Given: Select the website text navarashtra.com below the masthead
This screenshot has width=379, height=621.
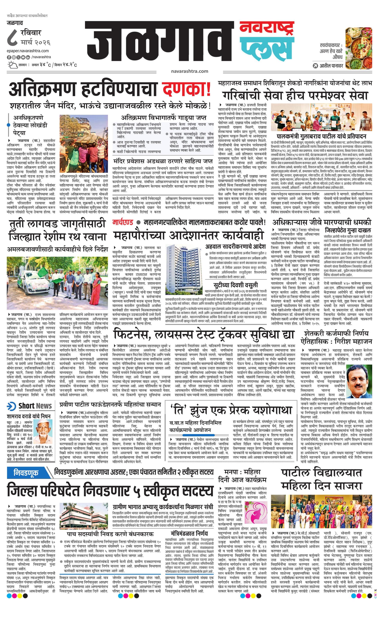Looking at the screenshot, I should tap(189, 71).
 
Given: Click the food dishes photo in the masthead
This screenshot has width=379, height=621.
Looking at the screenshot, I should tap(359, 48).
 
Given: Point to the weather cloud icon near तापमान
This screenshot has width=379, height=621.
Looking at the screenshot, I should tap(12, 65).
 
